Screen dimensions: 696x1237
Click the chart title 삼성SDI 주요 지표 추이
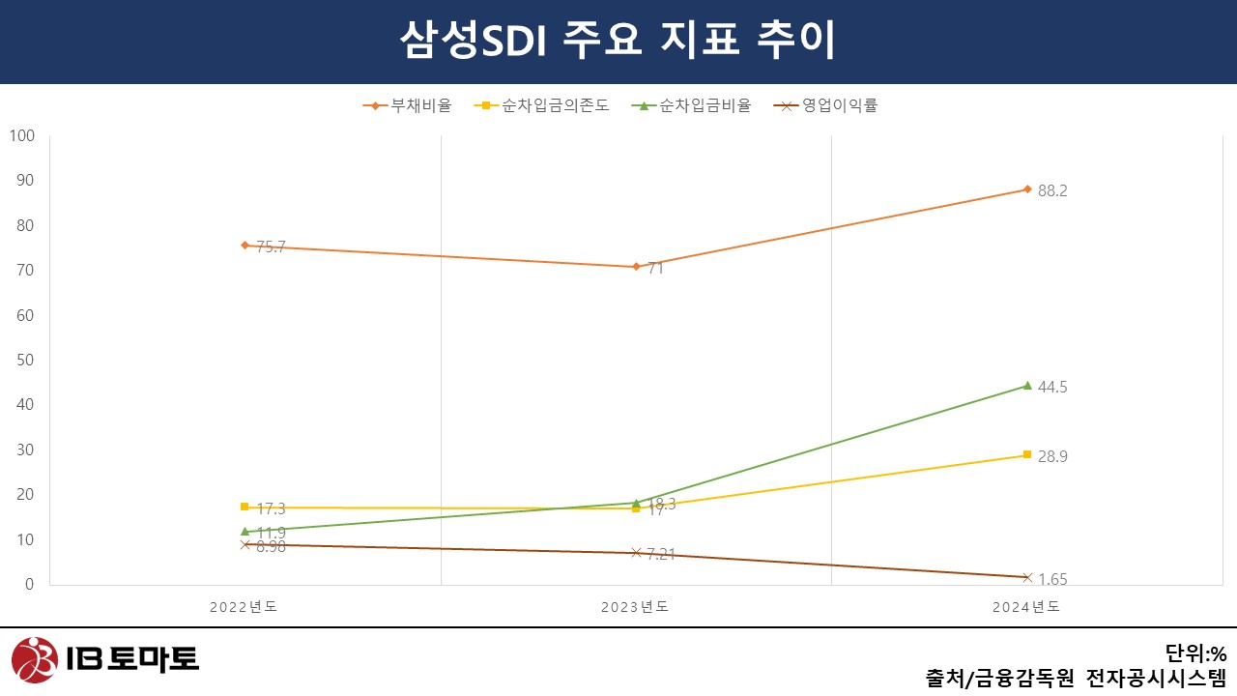(x=618, y=41)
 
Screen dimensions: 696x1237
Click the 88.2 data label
(x=1051, y=191)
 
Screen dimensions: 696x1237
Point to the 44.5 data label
(x=1051, y=388)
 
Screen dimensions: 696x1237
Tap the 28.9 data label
(x=1051, y=457)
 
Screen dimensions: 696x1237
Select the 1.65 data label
(x=1051, y=580)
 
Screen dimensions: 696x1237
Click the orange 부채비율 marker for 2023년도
(x=636, y=267)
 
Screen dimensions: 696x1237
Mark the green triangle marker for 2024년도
(x=1026, y=385)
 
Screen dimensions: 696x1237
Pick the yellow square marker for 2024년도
(x=1026, y=454)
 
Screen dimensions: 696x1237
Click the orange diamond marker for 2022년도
(x=245, y=246)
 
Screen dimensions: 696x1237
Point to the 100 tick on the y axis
(x=21, y=136)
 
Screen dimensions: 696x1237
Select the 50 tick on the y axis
(x=24, y=361)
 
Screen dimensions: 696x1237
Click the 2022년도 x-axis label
(x=245, y=607)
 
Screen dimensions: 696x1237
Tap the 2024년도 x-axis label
(x=1026, y=607)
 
